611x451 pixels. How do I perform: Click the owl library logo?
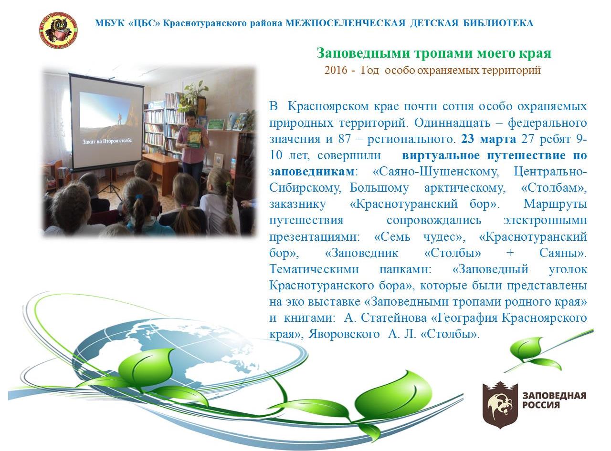[x=58, y=30]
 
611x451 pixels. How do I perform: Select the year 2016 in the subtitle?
[x=336, y=70]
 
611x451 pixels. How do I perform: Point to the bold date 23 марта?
[x=488, y=139]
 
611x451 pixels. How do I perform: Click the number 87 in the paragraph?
[x=345, y=139]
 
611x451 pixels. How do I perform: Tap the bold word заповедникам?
[x=312, y=172]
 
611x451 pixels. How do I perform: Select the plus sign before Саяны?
[x=510, y=253]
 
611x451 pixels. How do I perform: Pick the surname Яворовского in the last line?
[x=344, y=334]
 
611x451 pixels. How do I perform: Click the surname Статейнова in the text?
[x=393, y=318]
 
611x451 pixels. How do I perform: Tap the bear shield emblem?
[x=499, y=405]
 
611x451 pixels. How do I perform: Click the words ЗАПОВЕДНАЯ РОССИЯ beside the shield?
[x=554, y=400]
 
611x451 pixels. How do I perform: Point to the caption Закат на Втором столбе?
[x=107, y=141]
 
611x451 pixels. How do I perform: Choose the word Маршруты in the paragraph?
[x=555, y=204]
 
